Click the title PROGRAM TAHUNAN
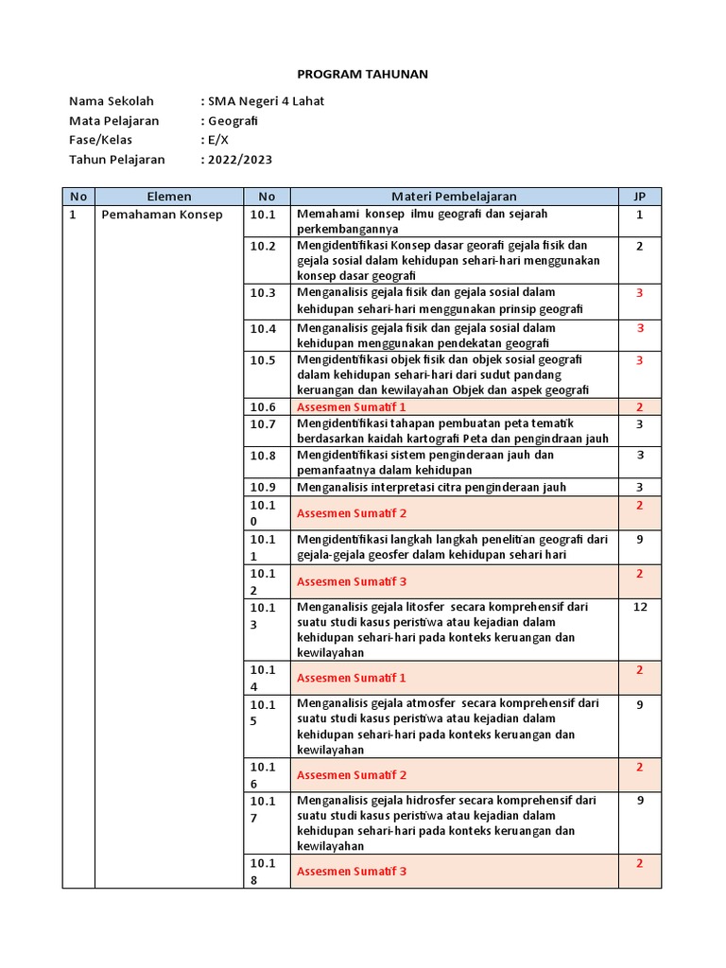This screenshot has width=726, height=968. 363,74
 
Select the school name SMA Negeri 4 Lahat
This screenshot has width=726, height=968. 267,101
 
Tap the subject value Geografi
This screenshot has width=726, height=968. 233,121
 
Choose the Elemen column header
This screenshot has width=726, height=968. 169,197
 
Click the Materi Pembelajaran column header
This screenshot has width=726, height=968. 454,197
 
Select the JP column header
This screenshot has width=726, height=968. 639,197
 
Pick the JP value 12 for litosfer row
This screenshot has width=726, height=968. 639,607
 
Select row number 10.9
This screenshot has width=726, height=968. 263,487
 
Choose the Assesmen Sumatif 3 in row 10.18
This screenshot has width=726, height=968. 352,871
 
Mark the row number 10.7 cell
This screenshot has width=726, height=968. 263,424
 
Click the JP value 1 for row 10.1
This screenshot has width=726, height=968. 639,215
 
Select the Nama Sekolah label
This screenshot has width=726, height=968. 111,101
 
